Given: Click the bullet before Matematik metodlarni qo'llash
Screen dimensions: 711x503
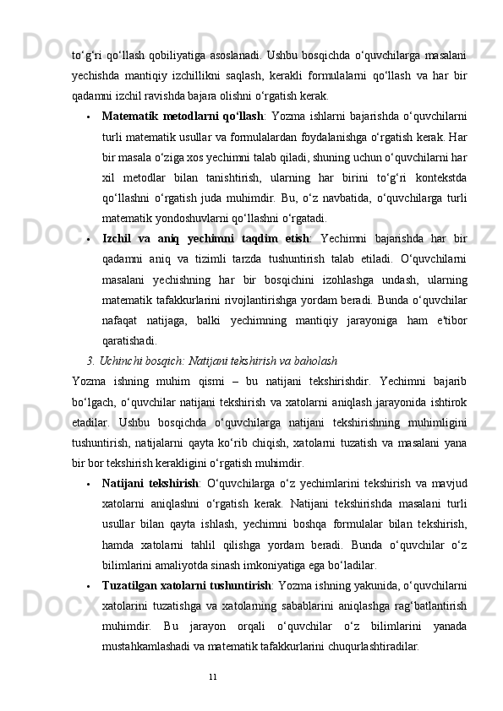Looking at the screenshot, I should pyautogui.click(x=88, y=117).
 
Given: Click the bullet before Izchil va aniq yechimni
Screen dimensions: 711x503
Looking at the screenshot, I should pyautogui.click(x=88, y=216).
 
